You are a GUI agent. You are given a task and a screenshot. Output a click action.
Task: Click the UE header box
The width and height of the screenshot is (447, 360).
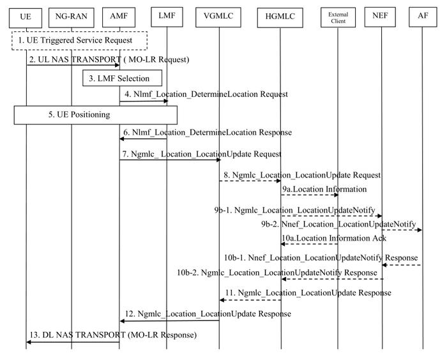tap(26, 18)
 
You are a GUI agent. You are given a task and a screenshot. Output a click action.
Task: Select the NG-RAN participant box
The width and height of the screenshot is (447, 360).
tap(72, 17)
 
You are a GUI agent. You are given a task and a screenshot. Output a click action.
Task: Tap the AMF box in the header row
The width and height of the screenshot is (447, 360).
tap(119, 17)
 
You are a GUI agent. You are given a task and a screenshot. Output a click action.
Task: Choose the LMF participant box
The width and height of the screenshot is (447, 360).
tap(167, 17)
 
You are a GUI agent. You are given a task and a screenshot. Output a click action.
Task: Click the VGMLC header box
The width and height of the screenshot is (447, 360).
tap(218, 17)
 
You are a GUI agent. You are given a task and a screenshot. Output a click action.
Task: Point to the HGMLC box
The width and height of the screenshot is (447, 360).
tap(280, 18)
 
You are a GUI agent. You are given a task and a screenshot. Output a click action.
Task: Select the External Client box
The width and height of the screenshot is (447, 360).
tap(338, 17)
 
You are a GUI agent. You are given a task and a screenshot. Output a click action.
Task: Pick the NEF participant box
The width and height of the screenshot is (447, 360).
tap(380, 17)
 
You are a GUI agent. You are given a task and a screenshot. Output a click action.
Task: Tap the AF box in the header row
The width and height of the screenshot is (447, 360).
tap(423, 17)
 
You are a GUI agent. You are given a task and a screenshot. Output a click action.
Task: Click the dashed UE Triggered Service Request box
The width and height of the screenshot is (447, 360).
tap(80, 41)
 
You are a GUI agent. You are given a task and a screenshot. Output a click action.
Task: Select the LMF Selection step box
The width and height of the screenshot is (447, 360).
tap(123, 78)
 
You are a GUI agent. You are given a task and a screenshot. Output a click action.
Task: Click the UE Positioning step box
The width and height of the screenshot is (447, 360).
tap(96, 115)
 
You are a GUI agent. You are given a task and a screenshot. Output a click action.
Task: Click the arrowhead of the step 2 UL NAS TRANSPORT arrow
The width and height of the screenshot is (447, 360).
tap(117, 65)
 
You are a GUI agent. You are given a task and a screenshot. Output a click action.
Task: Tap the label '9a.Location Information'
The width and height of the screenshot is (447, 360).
tap(324, 189)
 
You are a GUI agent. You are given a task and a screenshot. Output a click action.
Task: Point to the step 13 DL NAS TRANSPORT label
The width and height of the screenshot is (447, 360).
tap(113, 334)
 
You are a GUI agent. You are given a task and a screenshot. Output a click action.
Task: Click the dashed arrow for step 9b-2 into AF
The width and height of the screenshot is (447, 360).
tap(402, 230)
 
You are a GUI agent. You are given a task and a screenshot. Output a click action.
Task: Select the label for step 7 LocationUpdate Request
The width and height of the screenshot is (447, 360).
tap(202, 154)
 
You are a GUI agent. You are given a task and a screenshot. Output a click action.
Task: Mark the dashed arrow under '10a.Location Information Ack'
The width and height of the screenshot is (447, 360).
tap(309, 244)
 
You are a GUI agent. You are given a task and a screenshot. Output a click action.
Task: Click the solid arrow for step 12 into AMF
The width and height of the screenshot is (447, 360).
tap(170, 320)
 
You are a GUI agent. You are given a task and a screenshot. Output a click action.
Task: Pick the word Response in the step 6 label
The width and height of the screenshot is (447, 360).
tap(275, 132)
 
